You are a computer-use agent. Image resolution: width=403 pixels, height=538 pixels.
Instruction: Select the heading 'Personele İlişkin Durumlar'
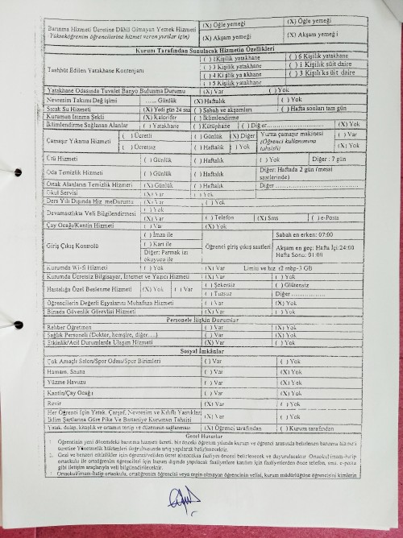201,320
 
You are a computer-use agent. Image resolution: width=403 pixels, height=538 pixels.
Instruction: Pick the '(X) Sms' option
270,217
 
